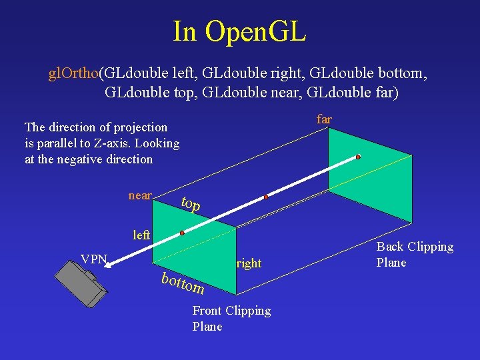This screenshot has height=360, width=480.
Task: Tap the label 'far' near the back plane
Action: coord(324,119)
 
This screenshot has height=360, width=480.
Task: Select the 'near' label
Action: coord(140,195)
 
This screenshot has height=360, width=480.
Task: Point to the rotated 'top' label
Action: coord(191,204)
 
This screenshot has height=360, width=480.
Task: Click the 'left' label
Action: coord(141,235)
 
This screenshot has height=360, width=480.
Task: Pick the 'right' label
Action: coord(249,263)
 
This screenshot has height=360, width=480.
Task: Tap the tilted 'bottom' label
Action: coord(183,283)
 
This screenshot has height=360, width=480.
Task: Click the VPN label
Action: coord(93,259)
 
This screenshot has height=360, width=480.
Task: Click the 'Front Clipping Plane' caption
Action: coord(231,318)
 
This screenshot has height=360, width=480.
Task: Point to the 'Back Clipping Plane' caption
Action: coord(415,254)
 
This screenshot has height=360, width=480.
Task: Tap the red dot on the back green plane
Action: coord(358,157)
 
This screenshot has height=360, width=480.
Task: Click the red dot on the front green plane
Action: coord(181,233)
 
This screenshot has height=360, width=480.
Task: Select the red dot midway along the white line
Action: coord(266,197)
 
